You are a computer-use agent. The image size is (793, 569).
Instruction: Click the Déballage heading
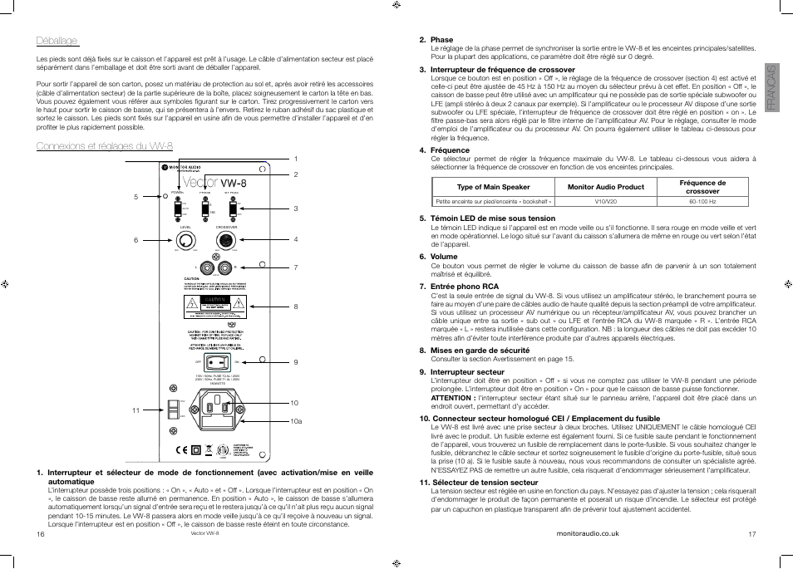(57, 41)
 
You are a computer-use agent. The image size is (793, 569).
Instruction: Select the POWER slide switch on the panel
(177, 208)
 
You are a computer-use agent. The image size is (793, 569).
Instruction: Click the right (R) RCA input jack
(225, 267)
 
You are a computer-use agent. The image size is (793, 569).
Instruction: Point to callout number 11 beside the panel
(135, 410)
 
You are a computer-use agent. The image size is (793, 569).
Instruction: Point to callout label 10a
(295, 422)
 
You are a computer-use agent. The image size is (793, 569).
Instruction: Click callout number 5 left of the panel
(135, 197)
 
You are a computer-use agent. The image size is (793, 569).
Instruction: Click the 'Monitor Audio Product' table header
(605, 187)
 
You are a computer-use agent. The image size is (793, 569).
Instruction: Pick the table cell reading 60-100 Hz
(702, 201)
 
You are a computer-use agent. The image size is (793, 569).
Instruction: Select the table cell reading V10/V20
(605, 201)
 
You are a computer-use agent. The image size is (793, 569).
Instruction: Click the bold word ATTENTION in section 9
(451, 398)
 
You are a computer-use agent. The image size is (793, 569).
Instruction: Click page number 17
(752, 534)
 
